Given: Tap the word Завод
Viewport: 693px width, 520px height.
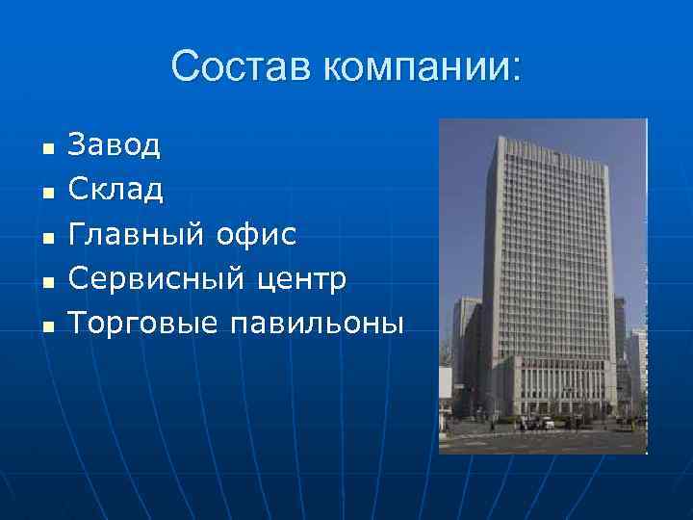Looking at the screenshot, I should tap(115, 146).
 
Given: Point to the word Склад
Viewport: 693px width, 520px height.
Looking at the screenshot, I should tap(115, 190).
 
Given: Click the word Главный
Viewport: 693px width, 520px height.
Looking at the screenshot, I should tap(136, 234).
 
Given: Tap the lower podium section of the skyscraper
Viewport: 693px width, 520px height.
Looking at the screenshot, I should tap(558, 385).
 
